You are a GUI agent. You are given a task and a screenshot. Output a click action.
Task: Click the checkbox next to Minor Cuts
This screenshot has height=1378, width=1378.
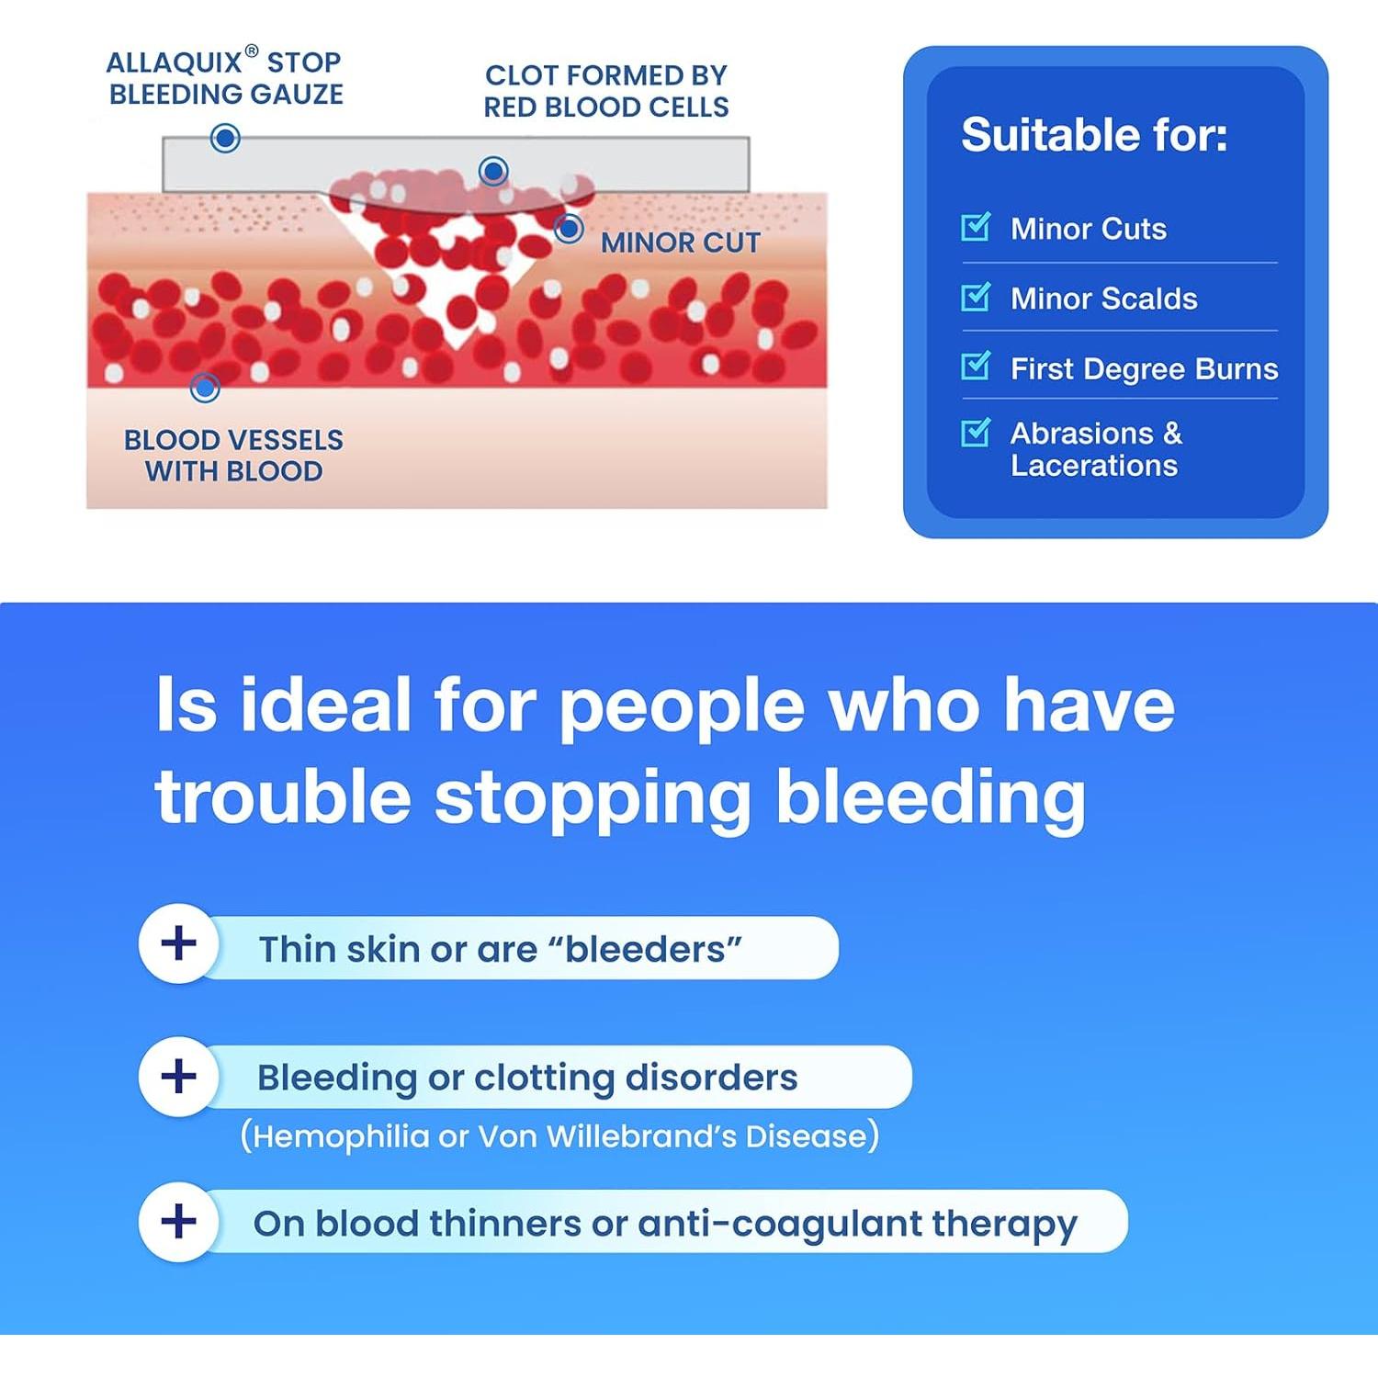coord(975,226)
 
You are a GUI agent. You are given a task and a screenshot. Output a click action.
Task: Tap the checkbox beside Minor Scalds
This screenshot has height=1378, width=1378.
coord(975,296)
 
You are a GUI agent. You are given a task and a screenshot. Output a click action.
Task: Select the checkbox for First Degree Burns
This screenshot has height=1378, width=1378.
coord(975,366)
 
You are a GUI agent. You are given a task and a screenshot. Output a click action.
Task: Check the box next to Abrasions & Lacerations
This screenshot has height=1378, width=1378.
coord(975,432)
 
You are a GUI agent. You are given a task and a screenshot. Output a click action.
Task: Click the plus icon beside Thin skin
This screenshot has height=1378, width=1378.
coord(178,943)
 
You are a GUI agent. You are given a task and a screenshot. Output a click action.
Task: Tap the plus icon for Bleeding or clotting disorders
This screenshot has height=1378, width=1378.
coord(178,1076)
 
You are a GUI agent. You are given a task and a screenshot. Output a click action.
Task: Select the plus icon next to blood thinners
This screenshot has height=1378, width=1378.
coord(178,1221)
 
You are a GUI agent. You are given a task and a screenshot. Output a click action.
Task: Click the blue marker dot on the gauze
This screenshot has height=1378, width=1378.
coord(225,139)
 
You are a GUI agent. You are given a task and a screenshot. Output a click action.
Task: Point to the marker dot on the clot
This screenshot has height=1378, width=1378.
coord(494,171)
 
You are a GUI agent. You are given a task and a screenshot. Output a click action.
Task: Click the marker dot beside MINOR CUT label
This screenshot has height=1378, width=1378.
coord(569,228)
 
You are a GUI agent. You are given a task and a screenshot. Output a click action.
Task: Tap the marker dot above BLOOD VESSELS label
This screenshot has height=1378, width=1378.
coord(205,388)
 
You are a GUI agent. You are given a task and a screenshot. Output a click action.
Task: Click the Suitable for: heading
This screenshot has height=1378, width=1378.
coord(1094,135)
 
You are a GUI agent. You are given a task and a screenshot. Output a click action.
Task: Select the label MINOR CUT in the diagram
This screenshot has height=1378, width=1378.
coord(681,243)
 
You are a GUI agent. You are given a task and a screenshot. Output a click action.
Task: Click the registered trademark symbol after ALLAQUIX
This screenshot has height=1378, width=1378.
coord(252,51)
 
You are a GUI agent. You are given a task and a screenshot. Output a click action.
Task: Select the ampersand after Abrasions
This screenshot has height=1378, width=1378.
coord(1172,433)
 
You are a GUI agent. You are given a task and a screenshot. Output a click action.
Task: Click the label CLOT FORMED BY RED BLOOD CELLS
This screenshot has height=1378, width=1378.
coord(606,91)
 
